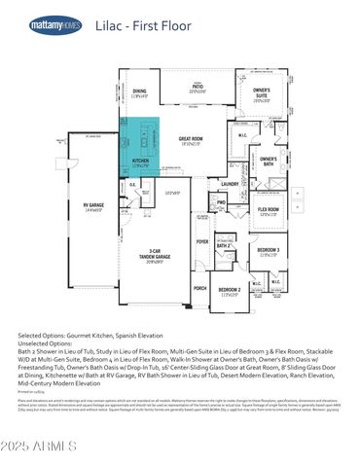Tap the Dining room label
pos(140,91)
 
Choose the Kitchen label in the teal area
pos(140,161)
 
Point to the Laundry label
pos(230,183)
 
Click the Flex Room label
pos(268,209)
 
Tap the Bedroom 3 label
pos(269,251)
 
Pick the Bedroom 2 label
pos(230,290)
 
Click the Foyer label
pos(202,240)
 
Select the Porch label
pos(199,288)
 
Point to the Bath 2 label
pos(223,246)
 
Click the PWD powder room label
pos(221,202)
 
